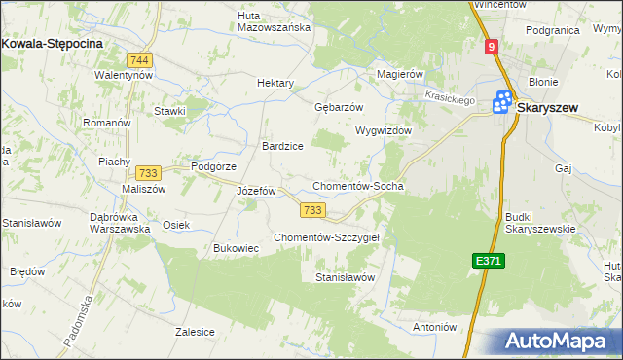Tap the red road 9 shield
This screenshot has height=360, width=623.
pyautogui.click(x=492, y=46)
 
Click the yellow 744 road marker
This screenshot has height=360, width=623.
pyautogui.click(x=144, y=59)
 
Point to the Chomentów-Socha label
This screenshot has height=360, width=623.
pyautogui.click(x=357, y=186)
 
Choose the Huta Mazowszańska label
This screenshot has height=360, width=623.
pyautogui.click(x=275, y=21)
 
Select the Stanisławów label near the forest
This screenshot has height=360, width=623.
pyautogui.click(x=345, y=278)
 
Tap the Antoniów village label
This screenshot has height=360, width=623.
pyautogui.click(x=435, y=327)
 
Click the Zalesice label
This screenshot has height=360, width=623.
pyautogui.click(x=195, y=332)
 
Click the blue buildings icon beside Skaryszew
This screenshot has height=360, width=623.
pyautogui.click(x=503, y=101)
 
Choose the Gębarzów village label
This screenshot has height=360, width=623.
pyautogui.click(x=339, y=107)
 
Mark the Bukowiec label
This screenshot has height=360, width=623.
pyautogui.click(x=237, y=248)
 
